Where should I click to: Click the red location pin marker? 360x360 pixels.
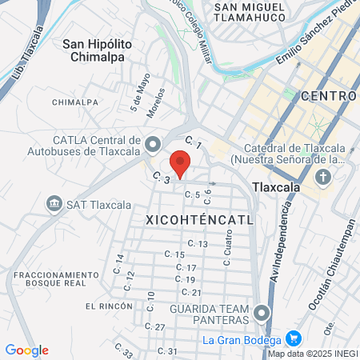point(181,163)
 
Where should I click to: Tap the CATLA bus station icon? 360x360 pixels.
point(153,145)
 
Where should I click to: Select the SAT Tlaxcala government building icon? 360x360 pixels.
point(54,202)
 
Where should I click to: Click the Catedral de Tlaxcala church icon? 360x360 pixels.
point(322,177)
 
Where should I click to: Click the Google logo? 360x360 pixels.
point(26,350)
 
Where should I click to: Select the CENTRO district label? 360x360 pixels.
point(328,96)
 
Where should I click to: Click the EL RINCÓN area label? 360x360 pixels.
point(107,306)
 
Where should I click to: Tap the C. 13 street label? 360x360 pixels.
point(198,243)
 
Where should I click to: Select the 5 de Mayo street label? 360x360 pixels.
point(136,93)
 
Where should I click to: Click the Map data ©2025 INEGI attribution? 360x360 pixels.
point(313,353)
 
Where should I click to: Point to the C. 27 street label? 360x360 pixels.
point(154,326)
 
